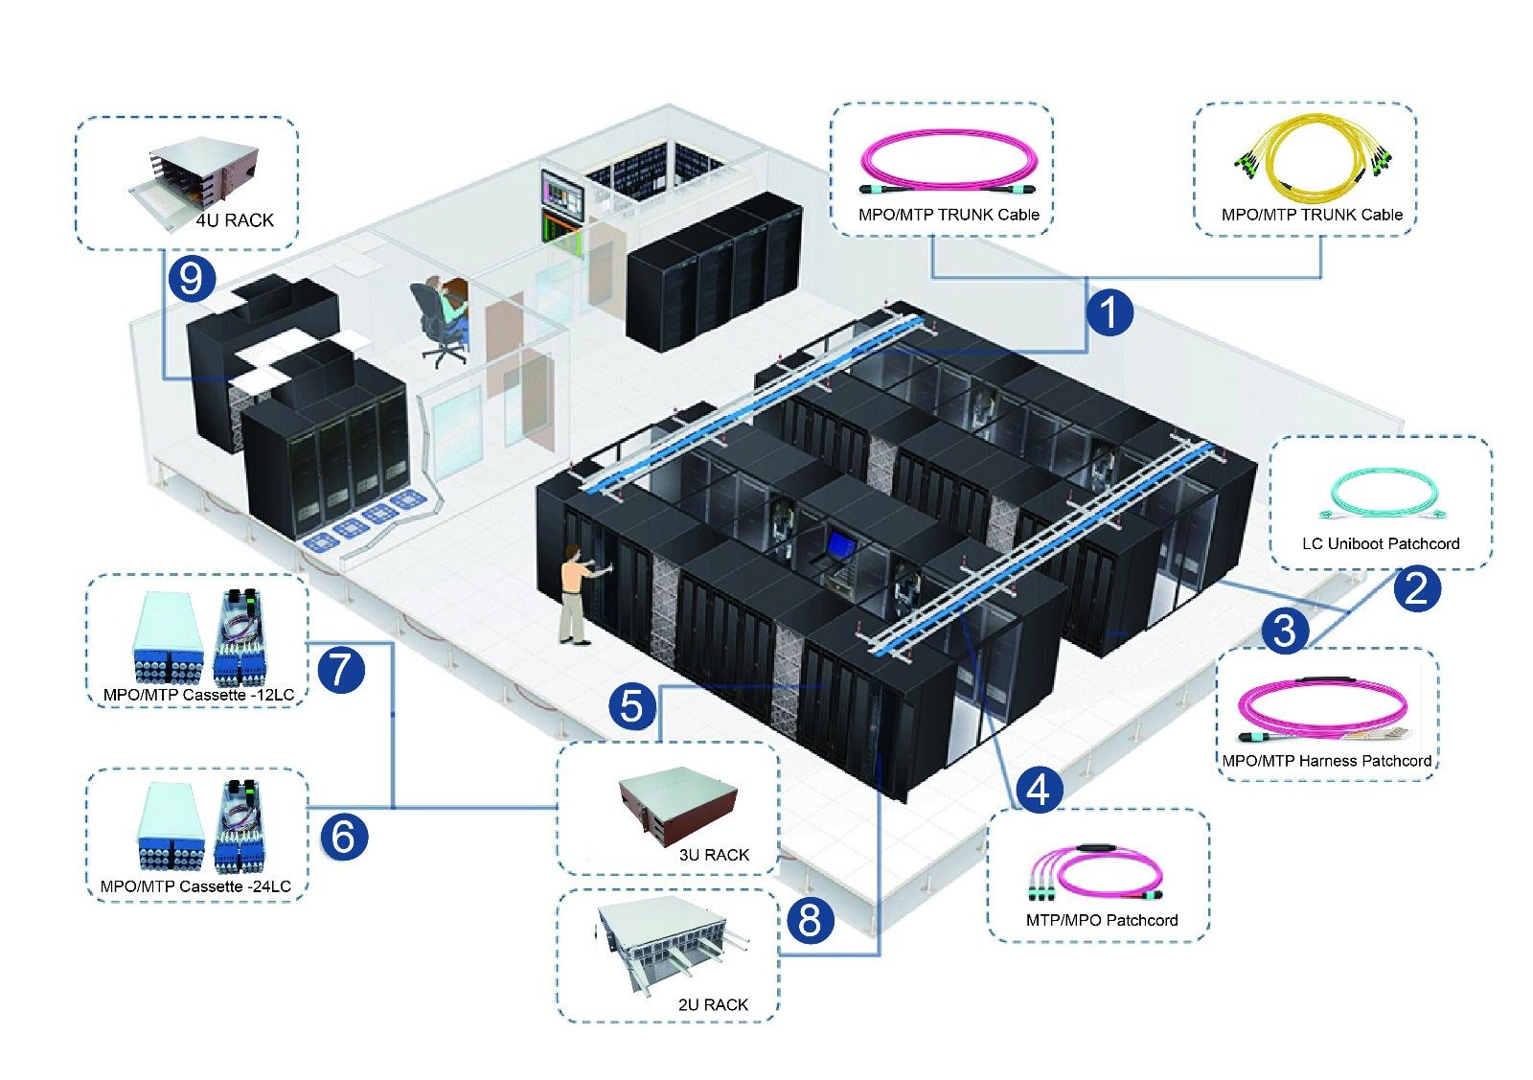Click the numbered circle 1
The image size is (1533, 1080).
tap(1110, 312)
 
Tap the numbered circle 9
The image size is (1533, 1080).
tap(192, 278)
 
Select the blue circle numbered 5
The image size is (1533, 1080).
tap(632, 706)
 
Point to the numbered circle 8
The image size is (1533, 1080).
tap(810, 920)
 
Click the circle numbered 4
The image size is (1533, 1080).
tap(1039, 790)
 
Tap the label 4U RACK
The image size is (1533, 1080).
tap(235, 220)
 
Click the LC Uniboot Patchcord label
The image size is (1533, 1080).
tap(1380, 543)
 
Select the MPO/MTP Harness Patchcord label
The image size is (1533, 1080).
tap(1326, 761)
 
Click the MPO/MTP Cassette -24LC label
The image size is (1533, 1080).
tap(195, 886)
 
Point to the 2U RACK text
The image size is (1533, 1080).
tap(713, 1004)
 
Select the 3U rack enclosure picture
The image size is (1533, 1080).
tap(677, 805)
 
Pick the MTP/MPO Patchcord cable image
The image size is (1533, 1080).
tap(1094, 874)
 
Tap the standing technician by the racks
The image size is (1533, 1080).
tap(575, 594)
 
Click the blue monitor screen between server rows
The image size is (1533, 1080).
tap(840, 544)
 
